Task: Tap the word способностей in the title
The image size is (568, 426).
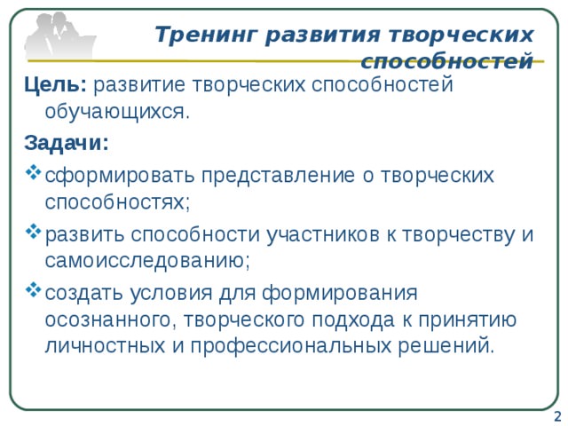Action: pos(448,62)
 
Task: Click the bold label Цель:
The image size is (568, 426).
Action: pos(55,85)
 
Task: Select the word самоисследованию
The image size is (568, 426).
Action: pos(147,261)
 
